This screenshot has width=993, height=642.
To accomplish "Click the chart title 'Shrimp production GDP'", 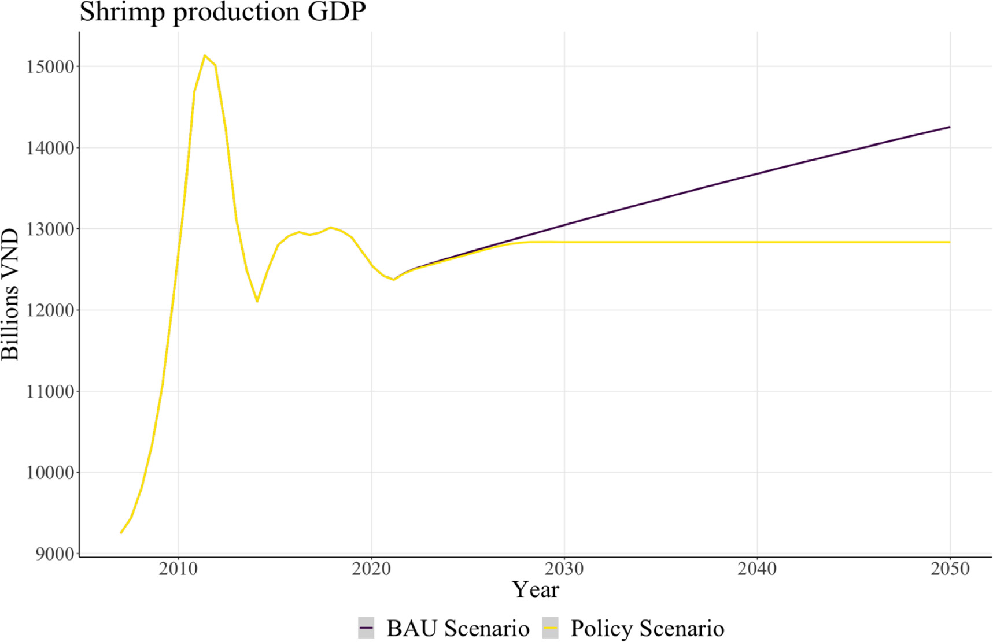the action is tap(223, 12).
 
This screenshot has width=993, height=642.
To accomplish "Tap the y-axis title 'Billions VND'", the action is tap(10, 294).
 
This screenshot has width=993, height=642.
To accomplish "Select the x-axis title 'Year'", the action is tap(536, 590).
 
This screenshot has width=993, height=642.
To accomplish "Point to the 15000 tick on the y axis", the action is tap(50, 67).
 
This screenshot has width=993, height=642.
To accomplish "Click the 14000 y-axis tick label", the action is tap(50, 148).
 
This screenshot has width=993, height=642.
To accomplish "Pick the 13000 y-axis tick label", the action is tap(50, 229).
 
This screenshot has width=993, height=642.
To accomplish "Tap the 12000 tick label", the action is tap(50, 310).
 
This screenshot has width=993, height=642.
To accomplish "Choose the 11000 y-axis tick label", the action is tap(50, 392).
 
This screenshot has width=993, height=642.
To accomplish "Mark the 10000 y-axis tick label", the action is tap(50, 473).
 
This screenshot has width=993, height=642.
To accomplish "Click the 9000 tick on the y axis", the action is tap(55, 554).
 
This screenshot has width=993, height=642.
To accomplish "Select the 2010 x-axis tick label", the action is tap(179, 569).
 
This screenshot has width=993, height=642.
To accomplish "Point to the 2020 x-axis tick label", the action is tap(371, 569).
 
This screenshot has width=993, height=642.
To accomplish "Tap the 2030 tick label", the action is tap(564, 569).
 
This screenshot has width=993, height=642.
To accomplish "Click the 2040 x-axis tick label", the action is tap(757, 569).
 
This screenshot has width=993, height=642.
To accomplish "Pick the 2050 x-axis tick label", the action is tap(950, 569).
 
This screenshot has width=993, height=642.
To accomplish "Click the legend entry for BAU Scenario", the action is tap(444, 628).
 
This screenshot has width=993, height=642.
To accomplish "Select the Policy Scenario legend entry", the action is tap(633, 628).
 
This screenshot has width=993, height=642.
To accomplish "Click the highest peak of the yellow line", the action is tap(205, 55).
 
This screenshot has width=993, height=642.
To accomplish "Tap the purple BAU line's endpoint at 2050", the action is tap(950, 127).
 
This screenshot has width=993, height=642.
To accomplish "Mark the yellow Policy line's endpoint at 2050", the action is tap(950, 242).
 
